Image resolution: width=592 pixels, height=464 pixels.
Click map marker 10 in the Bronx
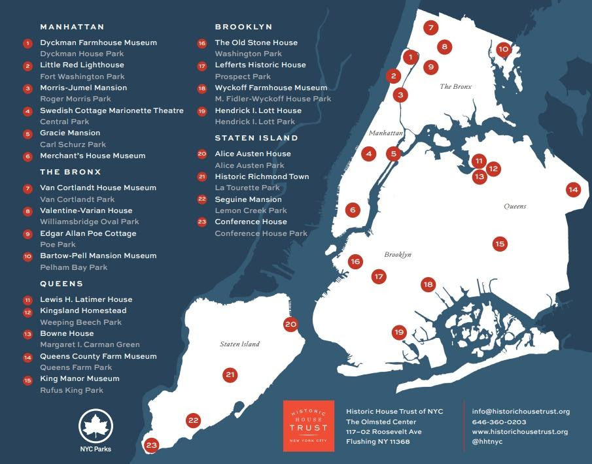(503, 49)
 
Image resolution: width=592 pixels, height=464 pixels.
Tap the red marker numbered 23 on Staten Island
(152, 446)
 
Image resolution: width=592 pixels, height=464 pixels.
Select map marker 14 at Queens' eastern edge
(573, 190)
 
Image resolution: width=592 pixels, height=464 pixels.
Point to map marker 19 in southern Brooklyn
(399, 333)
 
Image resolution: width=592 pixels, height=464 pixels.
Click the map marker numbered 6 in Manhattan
(353, 210)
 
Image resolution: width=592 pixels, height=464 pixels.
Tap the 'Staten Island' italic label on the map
(239, 344)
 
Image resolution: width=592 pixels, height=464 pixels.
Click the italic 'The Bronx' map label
(455, 86)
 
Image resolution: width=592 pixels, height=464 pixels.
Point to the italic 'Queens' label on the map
(515, 207)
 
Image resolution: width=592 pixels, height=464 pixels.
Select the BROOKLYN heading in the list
(243, 27)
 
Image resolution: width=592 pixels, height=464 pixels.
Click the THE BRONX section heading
(71, 172)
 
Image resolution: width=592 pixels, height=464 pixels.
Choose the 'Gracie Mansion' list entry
(70, 133)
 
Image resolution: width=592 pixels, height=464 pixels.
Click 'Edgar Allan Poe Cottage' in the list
(88, 233)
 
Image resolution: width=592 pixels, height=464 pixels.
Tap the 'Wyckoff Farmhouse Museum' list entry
(271, 88)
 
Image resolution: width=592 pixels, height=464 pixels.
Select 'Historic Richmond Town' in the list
(262, 176)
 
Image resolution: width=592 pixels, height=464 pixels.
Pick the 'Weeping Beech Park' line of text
(80, 322)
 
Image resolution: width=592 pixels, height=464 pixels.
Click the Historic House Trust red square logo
(308, 426)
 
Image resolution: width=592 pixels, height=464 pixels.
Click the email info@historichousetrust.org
(521, 412)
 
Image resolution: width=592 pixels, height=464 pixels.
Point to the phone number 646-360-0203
(499, 422)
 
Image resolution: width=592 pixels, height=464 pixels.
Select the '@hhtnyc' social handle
(487, 442)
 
